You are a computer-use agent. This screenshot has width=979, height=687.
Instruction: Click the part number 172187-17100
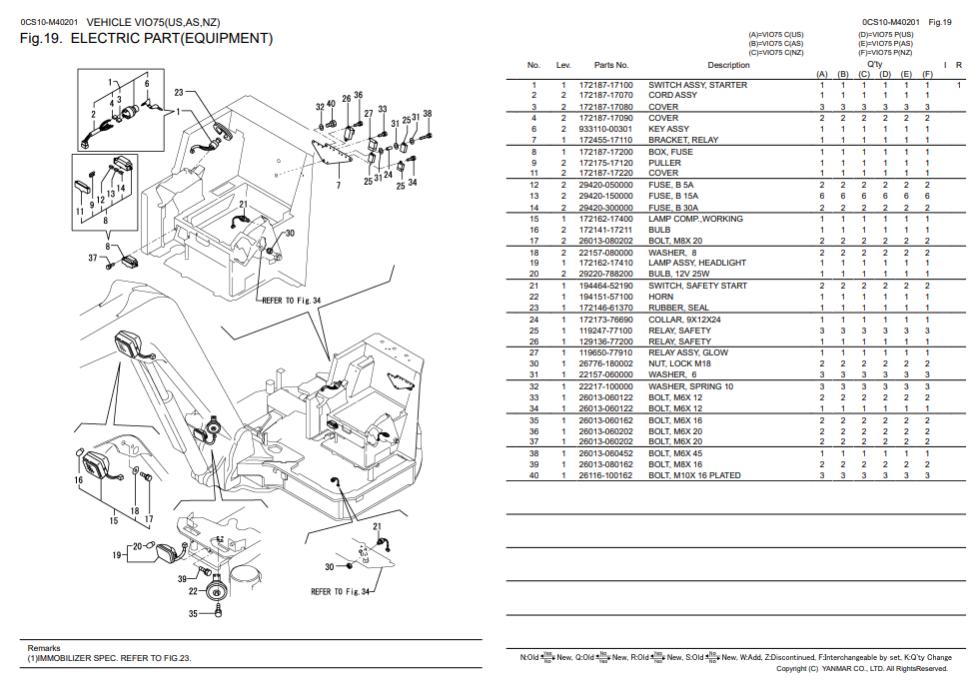[605, 85]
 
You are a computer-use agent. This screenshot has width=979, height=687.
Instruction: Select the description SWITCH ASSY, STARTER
[697, 85]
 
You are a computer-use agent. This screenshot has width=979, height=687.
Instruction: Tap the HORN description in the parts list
[660, 297]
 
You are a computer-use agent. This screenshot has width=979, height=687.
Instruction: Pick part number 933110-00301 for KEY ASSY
[605, 129]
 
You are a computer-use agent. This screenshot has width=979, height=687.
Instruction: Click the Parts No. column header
[611, 65]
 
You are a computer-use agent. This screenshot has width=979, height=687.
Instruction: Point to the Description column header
[728, 65]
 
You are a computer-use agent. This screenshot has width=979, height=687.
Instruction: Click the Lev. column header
[563, 65]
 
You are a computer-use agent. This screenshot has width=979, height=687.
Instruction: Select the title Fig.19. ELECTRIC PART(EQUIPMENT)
[146, 39]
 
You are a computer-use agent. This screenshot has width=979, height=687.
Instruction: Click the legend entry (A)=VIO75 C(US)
[776, 35]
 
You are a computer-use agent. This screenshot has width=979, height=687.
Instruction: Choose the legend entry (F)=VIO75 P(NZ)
[885, 52]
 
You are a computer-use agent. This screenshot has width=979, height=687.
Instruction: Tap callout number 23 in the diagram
[179, 92]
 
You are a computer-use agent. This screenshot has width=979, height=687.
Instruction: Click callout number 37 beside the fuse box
[92, 258]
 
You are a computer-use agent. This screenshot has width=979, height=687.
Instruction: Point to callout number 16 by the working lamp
[78, 480]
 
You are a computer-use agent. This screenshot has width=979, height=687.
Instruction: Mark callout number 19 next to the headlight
[117, 555]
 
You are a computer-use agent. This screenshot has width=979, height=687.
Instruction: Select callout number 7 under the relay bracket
[339, 185]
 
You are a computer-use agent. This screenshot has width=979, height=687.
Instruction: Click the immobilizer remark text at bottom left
[109, 658]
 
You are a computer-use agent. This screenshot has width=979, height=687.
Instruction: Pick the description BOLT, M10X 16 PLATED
[694, 475]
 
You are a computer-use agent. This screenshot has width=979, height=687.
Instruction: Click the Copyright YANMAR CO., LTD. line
[862, 669]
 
